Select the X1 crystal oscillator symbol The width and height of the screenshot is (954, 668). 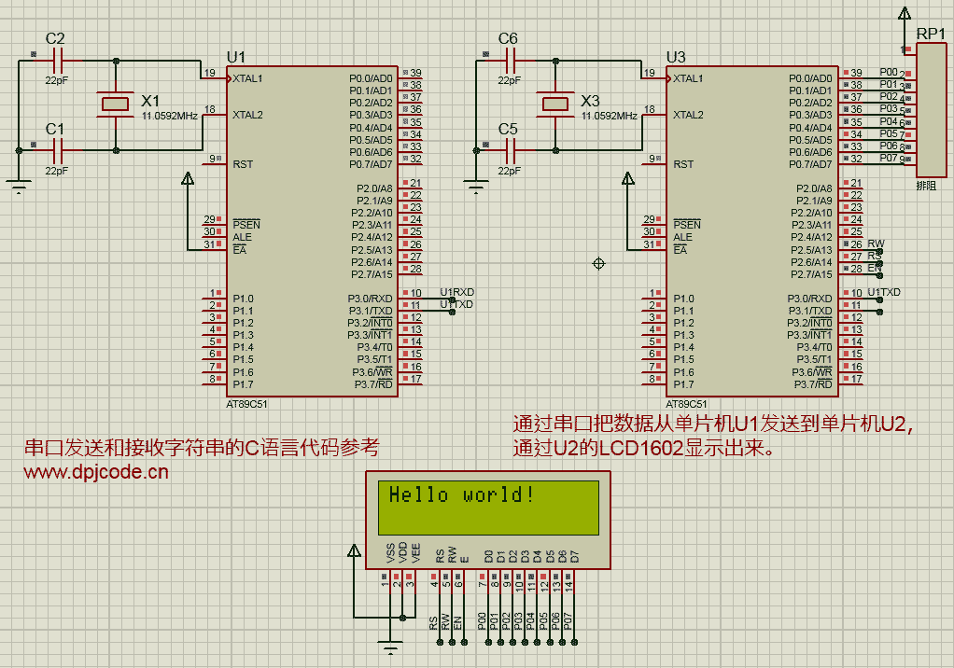116,104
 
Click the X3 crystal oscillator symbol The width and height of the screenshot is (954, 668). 555,104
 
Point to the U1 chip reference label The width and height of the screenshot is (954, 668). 235,56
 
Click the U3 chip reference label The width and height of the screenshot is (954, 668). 675,56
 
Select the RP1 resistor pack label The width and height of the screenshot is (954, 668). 930,34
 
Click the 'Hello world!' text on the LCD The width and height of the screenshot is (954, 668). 461,495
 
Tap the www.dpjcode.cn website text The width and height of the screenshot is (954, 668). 96,472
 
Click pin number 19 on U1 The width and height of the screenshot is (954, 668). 209,73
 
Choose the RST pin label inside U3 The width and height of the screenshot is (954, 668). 683,164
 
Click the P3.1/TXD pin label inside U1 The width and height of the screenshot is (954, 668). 371,311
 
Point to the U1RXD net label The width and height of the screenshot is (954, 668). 456,292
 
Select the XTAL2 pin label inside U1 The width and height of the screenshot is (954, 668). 247,116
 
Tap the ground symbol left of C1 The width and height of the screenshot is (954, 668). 20,187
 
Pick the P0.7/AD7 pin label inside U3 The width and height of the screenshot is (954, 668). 810,164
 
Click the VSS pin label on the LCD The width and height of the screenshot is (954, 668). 390,553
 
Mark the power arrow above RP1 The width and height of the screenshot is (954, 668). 903,13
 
